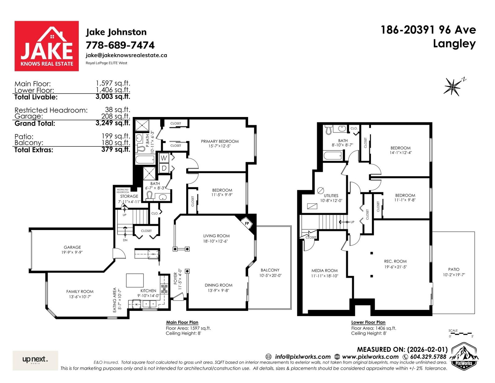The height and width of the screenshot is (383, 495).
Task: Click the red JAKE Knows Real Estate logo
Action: [46, 46]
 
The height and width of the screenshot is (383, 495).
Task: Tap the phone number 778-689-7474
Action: [120, 45]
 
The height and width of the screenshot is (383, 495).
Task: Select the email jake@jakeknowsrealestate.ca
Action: [126, 55]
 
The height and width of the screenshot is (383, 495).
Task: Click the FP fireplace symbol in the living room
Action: [247, 224]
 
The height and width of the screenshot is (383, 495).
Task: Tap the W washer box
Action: [164, 158]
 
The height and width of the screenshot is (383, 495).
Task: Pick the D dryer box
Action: [164, 168]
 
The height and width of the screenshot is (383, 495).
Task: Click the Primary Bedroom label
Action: [220, 141]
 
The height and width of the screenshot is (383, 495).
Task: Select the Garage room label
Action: [72, 247]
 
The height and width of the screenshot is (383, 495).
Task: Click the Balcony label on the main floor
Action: [270, 270]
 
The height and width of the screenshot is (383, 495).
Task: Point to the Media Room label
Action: [325, 271]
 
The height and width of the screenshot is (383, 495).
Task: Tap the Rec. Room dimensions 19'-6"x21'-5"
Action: [395, 267]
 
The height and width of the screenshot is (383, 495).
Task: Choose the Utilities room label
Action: [331, 196]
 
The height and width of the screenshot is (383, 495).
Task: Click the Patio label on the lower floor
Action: [454, 269]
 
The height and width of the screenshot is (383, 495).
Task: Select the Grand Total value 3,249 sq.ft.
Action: [113, 123]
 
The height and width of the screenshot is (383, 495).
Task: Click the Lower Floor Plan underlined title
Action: [368, 322]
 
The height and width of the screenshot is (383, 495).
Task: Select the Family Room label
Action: [80, 292]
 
